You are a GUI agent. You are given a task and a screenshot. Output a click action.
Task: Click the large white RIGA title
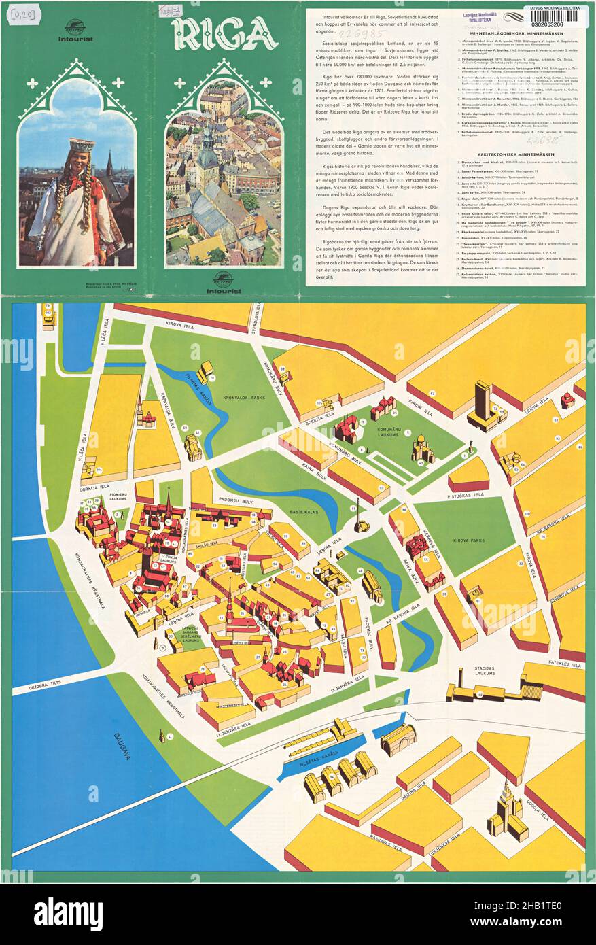224,34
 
